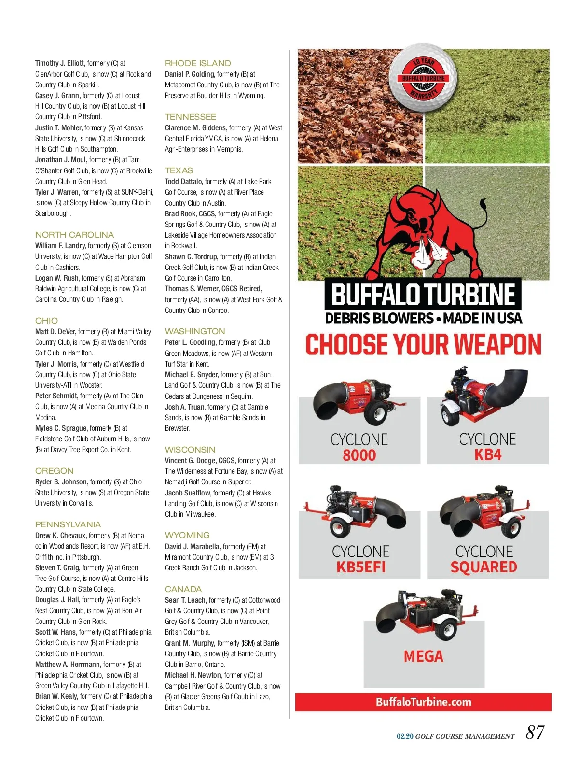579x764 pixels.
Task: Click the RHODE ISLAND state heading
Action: [x=198, y=63]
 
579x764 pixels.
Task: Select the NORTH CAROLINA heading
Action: [x=74, y=235]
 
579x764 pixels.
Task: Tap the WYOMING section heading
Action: [x=187, y=535]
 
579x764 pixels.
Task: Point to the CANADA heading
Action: [x=183, y=589]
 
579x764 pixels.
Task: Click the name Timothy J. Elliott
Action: [x=60, y=63]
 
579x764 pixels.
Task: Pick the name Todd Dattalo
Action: [x=184, y=182]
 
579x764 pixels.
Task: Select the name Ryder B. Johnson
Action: [x=61, y=482]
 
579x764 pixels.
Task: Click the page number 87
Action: [x=535, y=733]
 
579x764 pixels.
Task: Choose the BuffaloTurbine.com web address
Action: [x=424, y=702]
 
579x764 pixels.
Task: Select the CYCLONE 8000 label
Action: [x=359, y=447]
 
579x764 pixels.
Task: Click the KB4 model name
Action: [x=488, y=455]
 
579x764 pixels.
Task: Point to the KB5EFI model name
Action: [x=361, y=567]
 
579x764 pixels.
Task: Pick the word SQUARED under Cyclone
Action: [x=483, y=567]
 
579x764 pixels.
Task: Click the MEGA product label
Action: [x=423, y=656]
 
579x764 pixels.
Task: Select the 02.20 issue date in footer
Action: [x=405, y=736]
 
